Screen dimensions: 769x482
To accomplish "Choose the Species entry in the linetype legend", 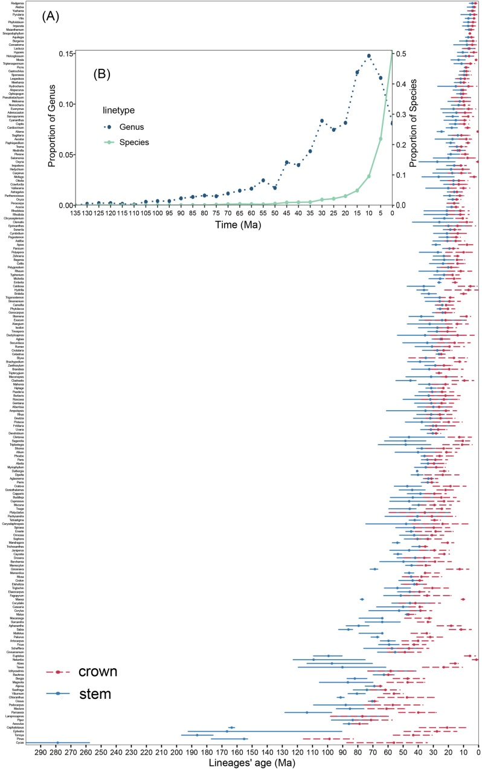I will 143,142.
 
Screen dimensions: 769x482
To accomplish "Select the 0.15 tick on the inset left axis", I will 66,54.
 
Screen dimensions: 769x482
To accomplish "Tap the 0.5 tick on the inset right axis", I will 401,54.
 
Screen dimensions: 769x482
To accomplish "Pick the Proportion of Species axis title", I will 416,129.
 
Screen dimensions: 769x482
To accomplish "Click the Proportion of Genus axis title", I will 53,129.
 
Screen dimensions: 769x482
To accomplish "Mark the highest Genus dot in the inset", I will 368,56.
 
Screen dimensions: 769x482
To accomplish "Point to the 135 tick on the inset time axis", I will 76,213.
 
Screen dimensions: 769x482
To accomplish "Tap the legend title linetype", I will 121,111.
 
